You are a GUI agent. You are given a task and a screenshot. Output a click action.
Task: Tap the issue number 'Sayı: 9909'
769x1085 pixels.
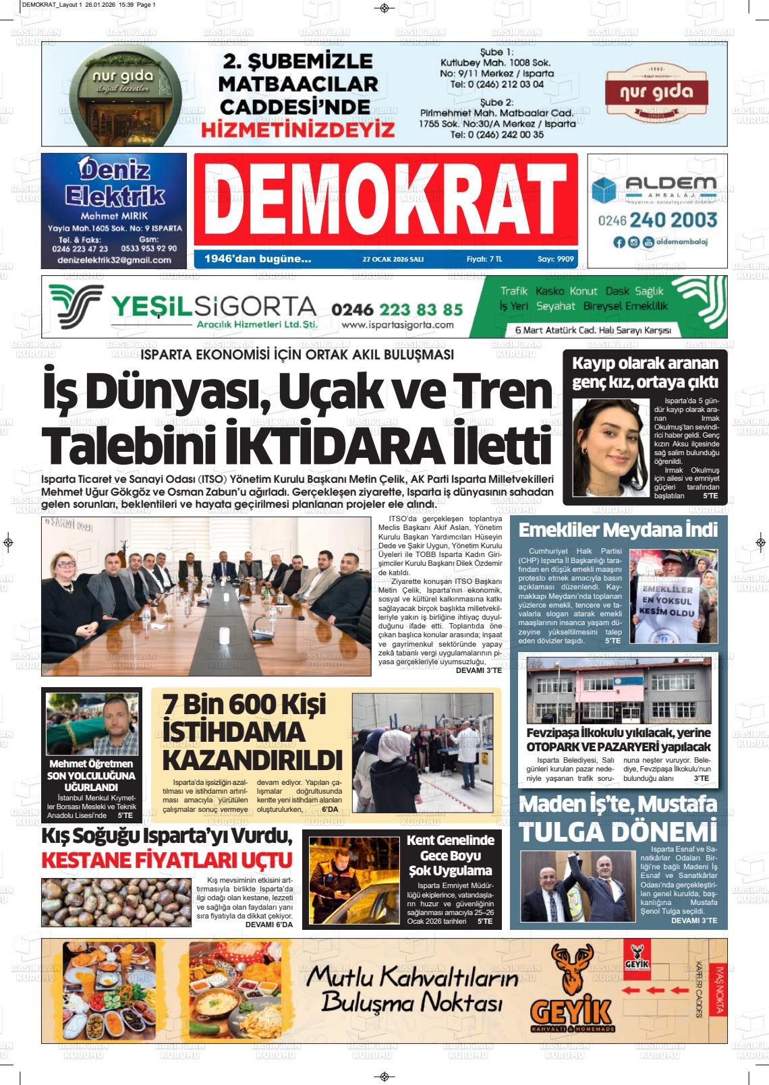pos(555,258)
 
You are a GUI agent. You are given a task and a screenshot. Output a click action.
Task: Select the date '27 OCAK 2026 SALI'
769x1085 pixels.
pos(393,259)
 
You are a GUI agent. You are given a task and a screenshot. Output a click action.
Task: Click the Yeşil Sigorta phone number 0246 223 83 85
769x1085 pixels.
pos(397,310)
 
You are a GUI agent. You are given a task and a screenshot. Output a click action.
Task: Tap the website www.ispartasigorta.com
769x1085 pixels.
pos(397,325)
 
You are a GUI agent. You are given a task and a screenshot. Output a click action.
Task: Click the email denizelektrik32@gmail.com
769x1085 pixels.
pos(114,260)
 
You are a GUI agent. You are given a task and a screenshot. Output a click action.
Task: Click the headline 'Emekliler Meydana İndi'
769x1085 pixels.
pos(617,530)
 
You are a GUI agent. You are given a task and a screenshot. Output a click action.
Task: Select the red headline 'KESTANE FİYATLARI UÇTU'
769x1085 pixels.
pos(167,860)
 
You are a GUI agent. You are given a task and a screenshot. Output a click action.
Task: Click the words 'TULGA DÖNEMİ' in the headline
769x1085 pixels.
pos(617,831)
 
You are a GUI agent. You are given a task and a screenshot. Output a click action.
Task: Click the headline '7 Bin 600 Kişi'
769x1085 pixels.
pos(244,705)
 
